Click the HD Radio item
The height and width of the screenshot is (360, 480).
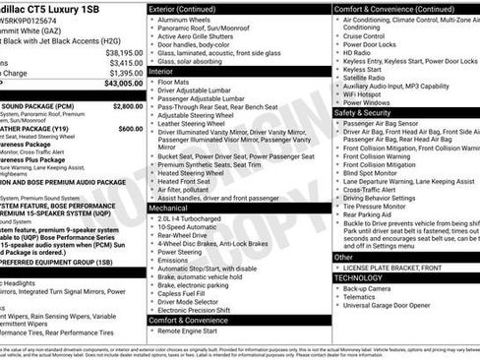point(360,52)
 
